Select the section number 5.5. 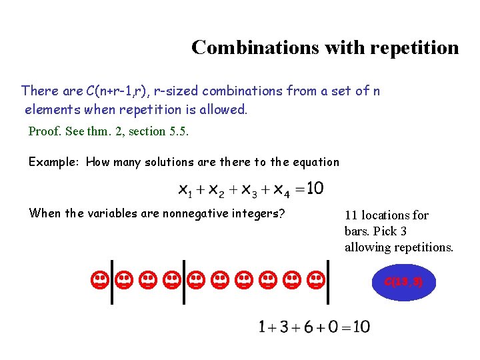(x=179, y=131)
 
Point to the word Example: (x=55, y=162)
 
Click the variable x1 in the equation (x=185, y=190)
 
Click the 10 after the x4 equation (x=315, y=189)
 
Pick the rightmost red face (x=317, y=280)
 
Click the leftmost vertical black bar (x=111, y=281)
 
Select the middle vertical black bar (x=183, y=281)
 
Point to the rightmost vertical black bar (x=330, y=281)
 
